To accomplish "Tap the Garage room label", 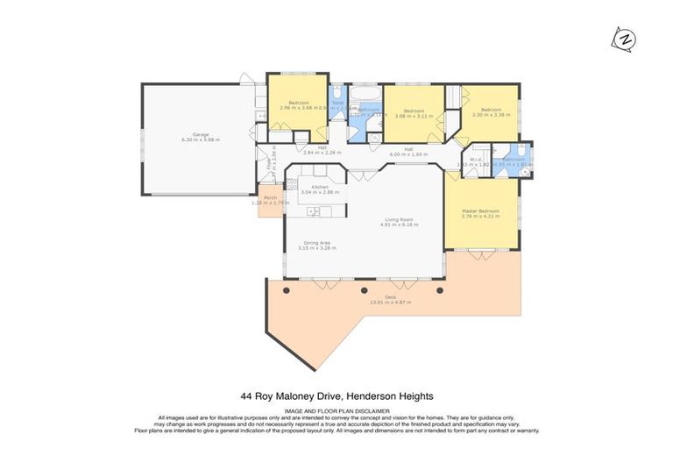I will pos(200,135).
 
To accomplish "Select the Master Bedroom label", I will pos(480,211).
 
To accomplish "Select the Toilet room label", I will pos(337,102).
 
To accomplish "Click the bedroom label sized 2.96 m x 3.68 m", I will pos(297,103).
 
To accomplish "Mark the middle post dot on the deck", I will pos(363,290).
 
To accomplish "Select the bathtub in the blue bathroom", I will pos(363,92).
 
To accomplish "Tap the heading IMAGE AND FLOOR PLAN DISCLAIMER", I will pos(336,410).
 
